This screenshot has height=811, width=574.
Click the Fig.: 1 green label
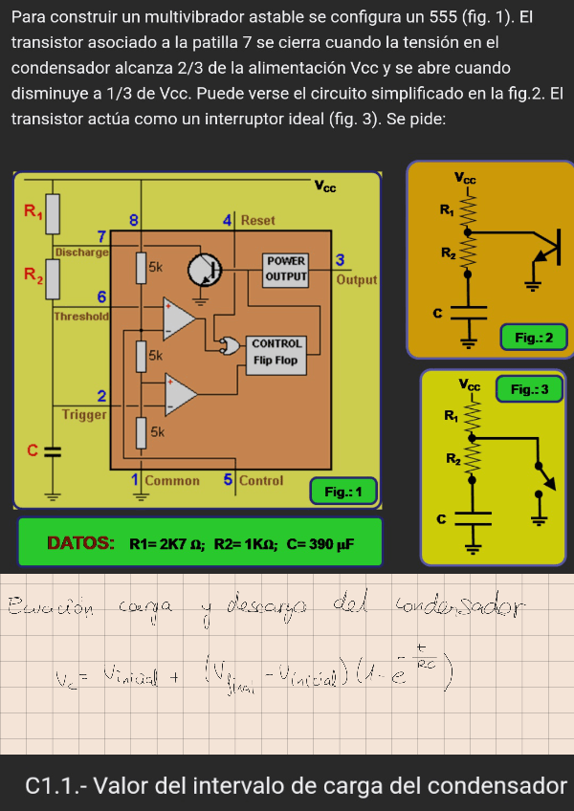343,492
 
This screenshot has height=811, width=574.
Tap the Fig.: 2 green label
534,337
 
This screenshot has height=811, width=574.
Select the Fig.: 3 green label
529,389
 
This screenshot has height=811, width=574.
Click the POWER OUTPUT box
286,269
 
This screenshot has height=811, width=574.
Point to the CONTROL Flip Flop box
277,352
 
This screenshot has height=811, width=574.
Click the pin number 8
134,220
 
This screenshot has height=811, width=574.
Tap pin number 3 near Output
341,260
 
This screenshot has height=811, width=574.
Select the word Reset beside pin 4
258,220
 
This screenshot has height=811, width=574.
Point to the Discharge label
81,252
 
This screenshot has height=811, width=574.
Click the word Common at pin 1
172,480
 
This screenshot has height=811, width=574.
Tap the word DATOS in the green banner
80,543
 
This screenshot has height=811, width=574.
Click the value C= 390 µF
320,544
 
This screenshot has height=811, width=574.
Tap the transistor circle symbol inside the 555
204,270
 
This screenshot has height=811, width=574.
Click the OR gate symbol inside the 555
229,347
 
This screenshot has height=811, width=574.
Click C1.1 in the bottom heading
53,786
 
